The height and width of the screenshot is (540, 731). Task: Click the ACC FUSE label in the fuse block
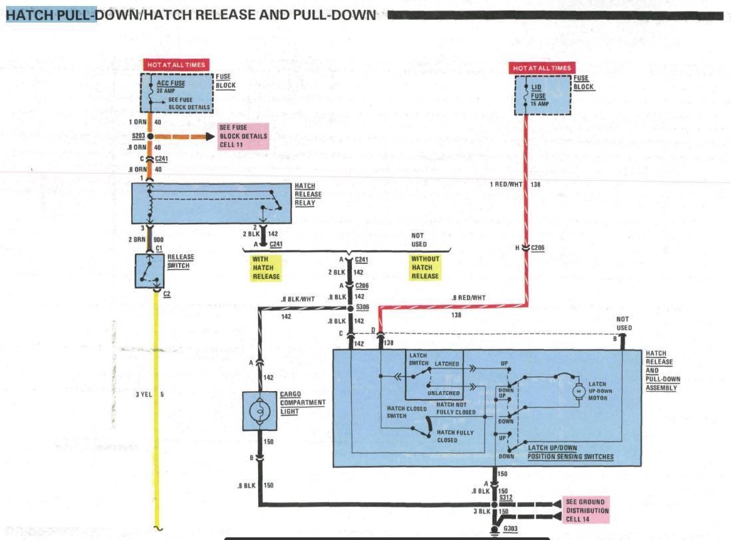coord(172,84)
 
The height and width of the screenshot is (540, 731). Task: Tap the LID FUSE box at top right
coord(543,93)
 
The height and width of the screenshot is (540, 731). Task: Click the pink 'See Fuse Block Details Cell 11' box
coord(243,136)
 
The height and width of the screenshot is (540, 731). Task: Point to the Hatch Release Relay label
coord(308,195)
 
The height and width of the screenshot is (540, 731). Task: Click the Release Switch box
coord(150,270)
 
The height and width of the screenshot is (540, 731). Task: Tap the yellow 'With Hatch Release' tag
coord(265,267)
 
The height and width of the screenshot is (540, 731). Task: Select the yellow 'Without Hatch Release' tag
coord(424,267)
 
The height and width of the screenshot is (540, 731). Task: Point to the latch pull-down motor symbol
coord(578,391)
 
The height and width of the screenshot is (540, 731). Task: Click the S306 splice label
coord(362,307)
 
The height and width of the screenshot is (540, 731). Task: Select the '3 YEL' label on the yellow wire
coord(144,394)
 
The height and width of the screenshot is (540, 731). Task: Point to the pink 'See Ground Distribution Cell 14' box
coord(585,511)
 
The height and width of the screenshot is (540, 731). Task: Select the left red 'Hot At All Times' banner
coord(176,65)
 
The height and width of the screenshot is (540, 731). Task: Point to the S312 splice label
coord(506,497)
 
